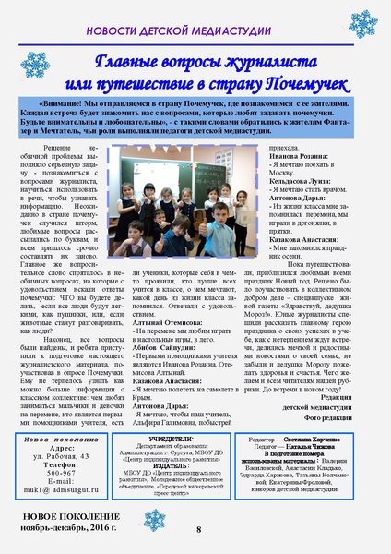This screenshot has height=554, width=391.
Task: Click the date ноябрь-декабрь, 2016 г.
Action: (x=74, y=528)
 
